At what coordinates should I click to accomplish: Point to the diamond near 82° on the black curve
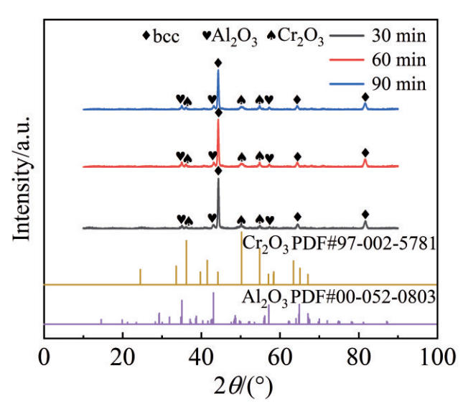click(x=365, y=215)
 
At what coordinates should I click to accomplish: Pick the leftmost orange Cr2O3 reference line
click(x=140, y=276)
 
